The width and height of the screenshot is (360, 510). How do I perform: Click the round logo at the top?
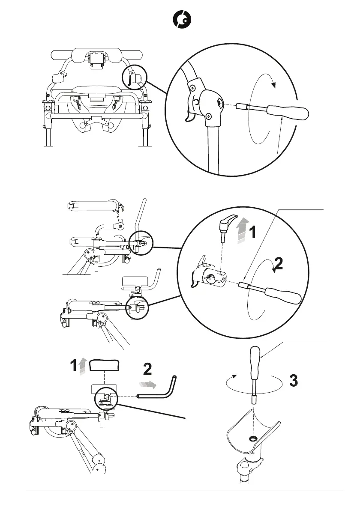tap(181, 20)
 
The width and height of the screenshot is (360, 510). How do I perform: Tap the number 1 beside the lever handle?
tap(254, 233)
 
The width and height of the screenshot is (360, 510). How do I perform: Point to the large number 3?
tap(294, 381)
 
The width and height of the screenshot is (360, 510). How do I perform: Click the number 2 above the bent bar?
tap(147, 370)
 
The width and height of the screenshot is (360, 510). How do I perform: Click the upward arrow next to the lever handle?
tap(243, 230)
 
